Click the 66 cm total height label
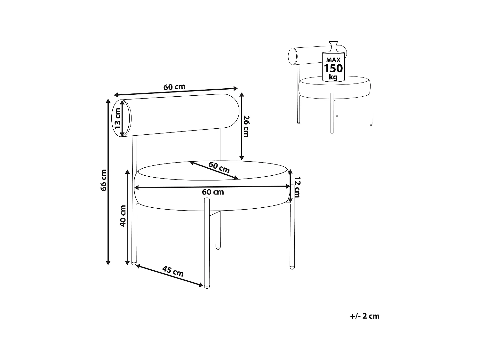[x=103, y=180]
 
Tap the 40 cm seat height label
[x=123, y=216]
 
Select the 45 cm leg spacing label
[x=173, y=271]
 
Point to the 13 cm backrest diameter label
[x=118, y=118]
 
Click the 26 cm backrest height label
[x=246, y=126]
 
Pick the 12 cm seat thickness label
[x=297, y=187]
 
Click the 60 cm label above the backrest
[x=174, y=87]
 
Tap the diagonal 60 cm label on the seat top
[x=219, y=167]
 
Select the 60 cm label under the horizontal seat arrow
[x=213, y=192]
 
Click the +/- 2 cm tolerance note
[x=365, y=316]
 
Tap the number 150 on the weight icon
[x=333, y=68]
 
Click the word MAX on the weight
[x=333, y=60]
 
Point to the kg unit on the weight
[x=333, y=77]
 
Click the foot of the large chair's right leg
[x=292, y=267]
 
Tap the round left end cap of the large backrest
[x=122, y=118]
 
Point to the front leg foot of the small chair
[x=332, y=132]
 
